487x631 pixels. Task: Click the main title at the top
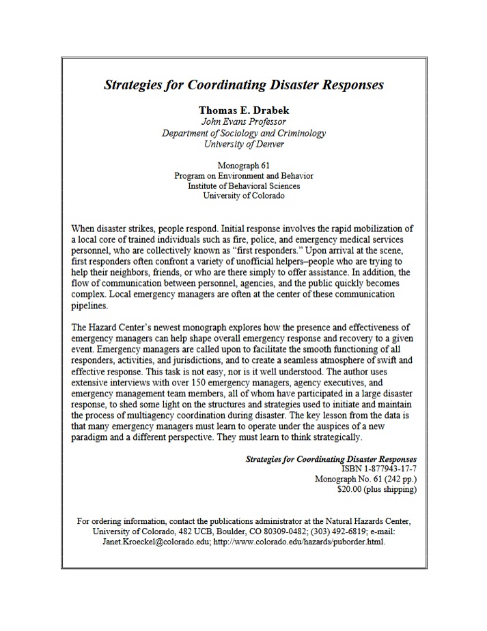(243, 86)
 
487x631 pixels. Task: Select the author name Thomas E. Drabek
(243, 110)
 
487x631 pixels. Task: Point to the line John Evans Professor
(243, 121)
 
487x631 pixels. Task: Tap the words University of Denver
(243, 144)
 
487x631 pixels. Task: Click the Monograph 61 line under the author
(243, 166)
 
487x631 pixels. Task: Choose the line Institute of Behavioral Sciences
(243, 186)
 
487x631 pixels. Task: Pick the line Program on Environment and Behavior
(243, 175)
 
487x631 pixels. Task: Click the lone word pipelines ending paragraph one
(89, 306)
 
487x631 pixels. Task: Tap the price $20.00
(353, 489)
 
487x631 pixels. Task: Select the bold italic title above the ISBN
(331, 460)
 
